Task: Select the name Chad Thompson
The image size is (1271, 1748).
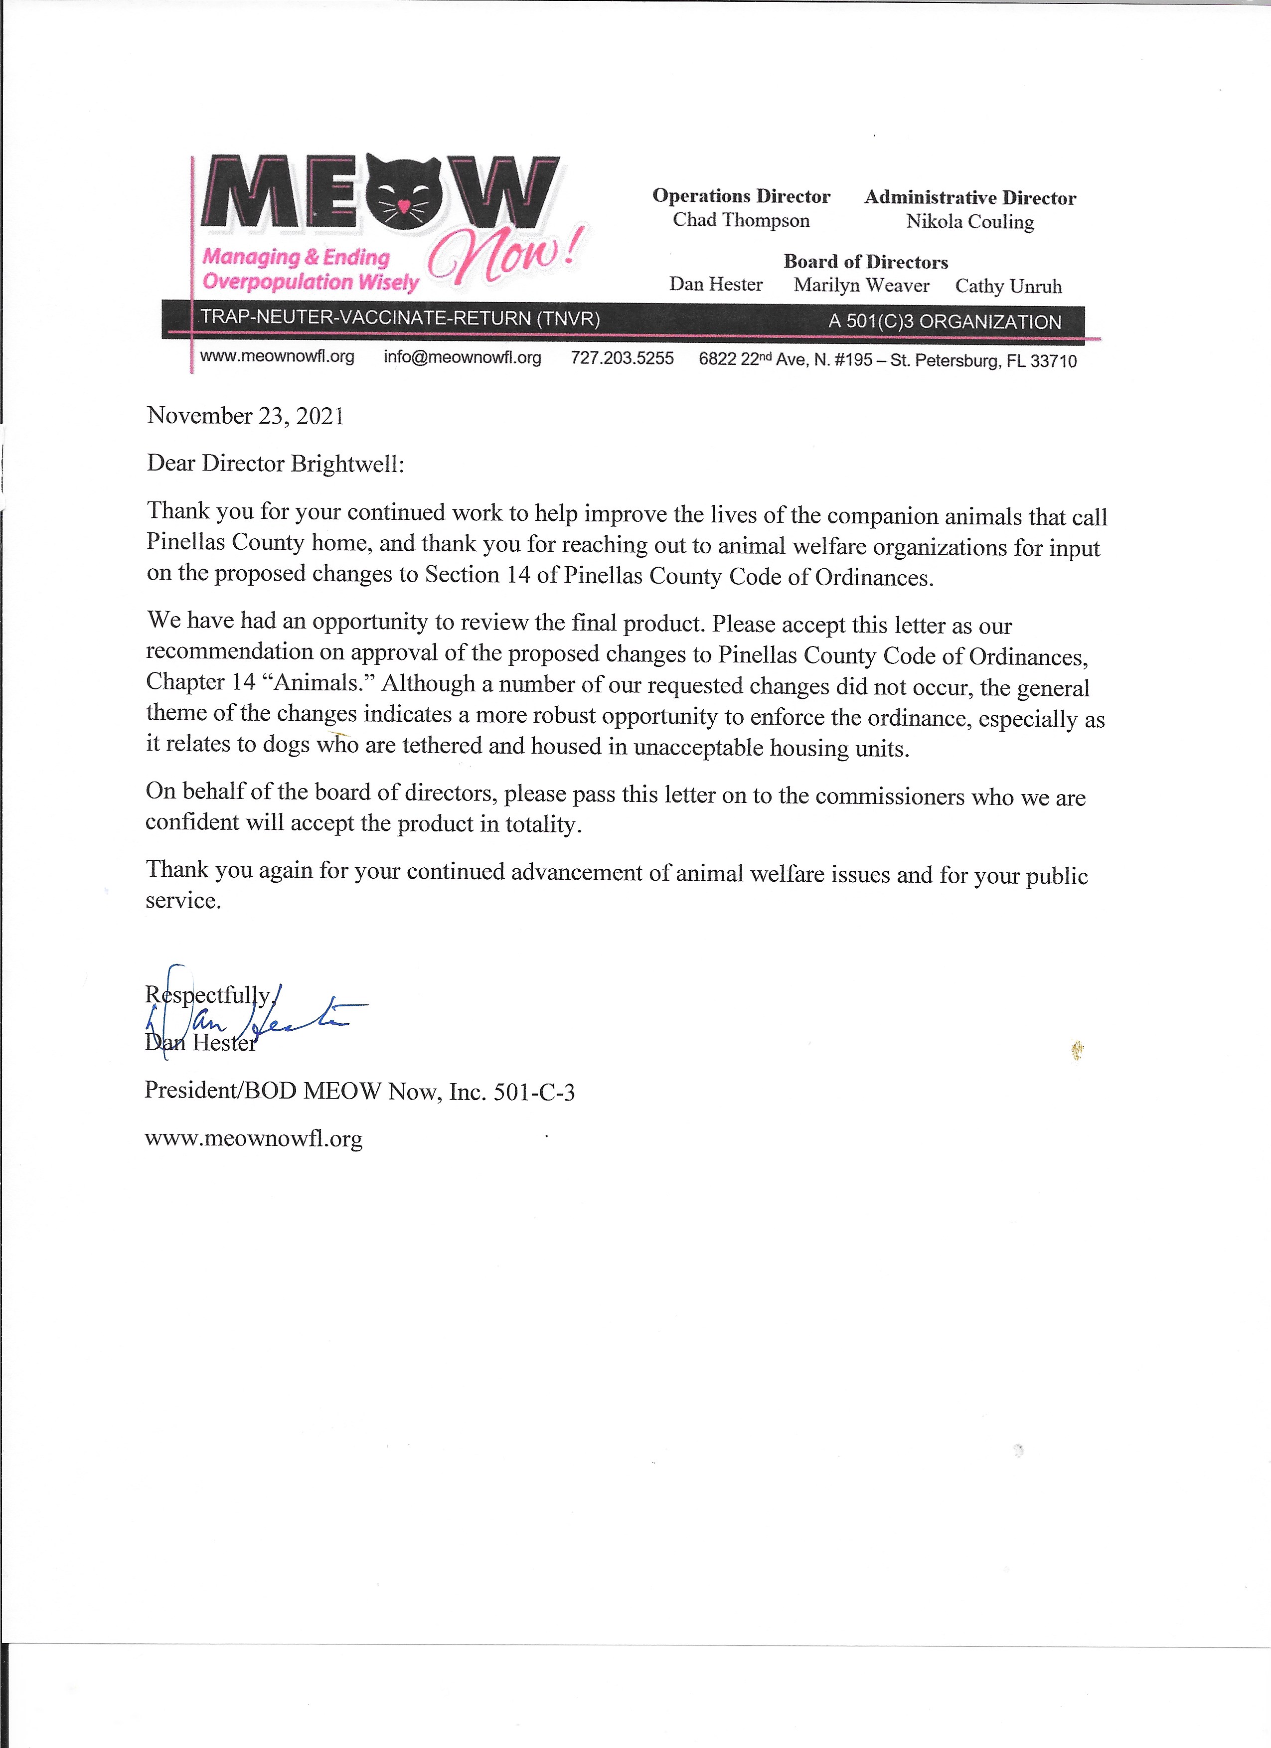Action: (x=741, y=220)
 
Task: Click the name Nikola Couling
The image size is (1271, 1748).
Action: (x=969, y=222)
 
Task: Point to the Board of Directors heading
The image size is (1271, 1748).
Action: (x=866, y=262)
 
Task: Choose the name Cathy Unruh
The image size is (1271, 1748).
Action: (x=1008, y=287)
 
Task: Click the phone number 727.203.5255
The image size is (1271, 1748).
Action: (x=622, y=358)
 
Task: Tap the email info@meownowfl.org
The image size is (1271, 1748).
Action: (x=463, y=357)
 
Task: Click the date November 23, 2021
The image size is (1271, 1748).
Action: (x=246, y=416)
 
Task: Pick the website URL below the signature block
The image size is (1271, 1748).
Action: (x=254, y=1138)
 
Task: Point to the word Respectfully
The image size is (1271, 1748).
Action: (x=208, y=995)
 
